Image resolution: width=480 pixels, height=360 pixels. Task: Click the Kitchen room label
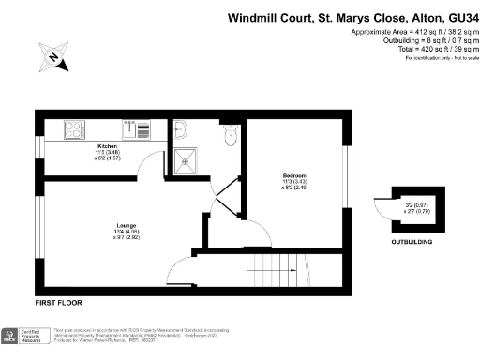[x=106, y=148]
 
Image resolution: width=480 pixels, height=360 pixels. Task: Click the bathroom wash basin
[x=182, y=130]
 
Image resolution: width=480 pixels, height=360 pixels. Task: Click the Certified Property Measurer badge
[x=28, y=337]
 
